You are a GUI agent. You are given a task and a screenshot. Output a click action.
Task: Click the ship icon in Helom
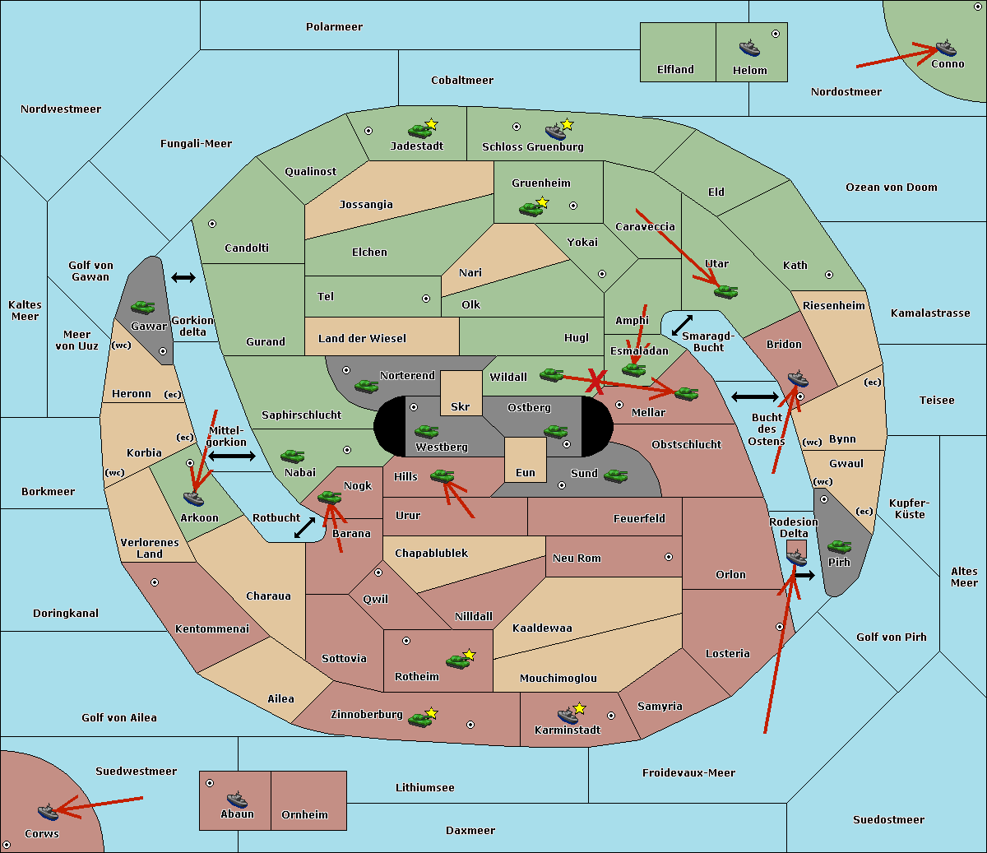click(x=749, y=48)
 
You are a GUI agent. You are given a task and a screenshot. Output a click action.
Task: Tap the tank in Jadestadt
click(x=419, y=131)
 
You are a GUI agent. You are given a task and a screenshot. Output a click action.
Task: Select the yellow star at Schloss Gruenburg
click(x=567, y=125)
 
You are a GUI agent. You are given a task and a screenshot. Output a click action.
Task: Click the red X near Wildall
click(x=595, y=382)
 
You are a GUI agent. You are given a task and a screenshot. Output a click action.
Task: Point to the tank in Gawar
click(x=142, y=307)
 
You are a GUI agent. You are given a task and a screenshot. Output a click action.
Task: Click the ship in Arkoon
click(x=193, y=498)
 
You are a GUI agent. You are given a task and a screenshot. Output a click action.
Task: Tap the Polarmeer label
click(x=334, y=27)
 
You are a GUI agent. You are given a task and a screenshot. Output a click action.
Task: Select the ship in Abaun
click(x=237, y=800)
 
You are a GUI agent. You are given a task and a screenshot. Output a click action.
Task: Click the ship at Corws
click(x=48, y=812)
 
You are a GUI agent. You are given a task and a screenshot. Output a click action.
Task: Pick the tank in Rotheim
click(x=457, y=661)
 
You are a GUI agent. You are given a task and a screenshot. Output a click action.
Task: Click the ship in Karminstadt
click(x=568, y=716)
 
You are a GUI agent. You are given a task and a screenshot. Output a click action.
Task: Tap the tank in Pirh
click(x=839, y=546)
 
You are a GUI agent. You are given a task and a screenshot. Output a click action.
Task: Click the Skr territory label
click(x=460, y=406)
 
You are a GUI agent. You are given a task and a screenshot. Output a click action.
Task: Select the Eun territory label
click(x=526, y=472)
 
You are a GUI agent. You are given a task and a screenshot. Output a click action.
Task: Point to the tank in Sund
click(x=615, y=475)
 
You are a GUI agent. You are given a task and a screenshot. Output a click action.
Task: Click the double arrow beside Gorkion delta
click(x=183, y=277)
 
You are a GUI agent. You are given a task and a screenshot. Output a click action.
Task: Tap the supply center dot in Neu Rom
click(x=669, y=557)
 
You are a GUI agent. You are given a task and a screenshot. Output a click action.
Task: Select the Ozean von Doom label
click(x=891, y=188)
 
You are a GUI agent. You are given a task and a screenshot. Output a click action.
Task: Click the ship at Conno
click(x=945, y=48)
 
